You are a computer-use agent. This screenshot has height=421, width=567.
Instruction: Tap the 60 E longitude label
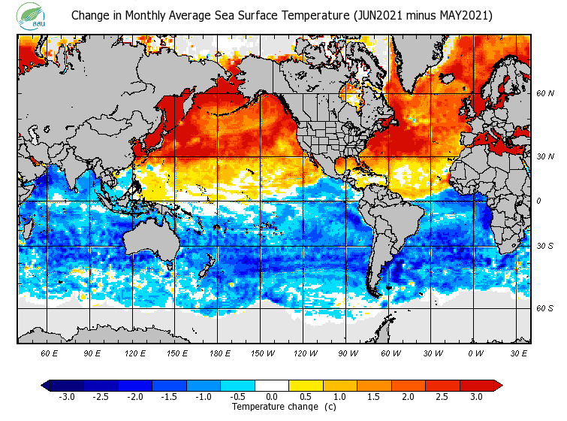[x=50, y=353]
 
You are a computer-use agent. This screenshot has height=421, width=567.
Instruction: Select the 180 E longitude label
[x=220, y=353]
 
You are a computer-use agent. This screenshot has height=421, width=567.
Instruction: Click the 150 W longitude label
[x=263, y=353]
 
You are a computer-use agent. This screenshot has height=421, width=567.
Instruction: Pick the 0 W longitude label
[x=475, y=353]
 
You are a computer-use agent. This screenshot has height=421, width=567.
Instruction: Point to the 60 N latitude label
[x=545, y=94]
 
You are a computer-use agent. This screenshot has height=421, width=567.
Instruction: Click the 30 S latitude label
[x=545, y=247]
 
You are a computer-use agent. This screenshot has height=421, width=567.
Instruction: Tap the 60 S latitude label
[x=545, y=308]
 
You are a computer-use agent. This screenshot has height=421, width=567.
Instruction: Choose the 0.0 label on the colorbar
[x=272, y=397]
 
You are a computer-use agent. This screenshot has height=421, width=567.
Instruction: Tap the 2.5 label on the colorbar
[x=442, y=397]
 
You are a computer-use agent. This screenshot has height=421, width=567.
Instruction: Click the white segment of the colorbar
[x=272, y=385]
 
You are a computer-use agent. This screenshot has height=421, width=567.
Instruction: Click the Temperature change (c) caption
[x=284, y=407]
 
